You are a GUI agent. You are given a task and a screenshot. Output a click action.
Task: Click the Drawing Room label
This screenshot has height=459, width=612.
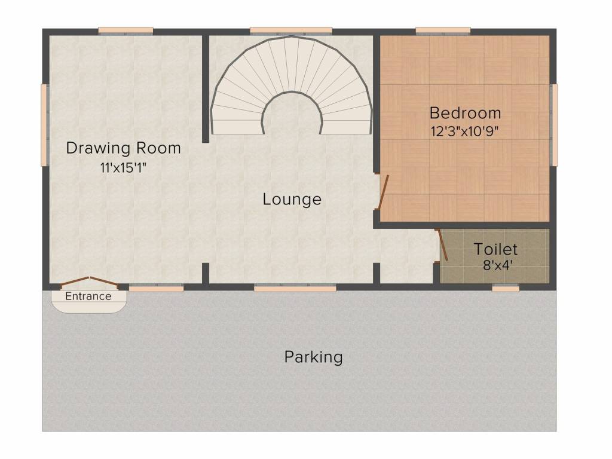123,148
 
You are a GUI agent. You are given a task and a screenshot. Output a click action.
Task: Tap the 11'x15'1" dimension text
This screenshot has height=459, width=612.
124,168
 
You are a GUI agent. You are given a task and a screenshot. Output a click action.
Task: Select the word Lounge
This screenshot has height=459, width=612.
292,199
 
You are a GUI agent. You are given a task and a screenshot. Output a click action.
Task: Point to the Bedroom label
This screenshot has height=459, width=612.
465,112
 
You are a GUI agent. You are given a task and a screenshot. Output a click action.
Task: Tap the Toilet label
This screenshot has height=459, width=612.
495,249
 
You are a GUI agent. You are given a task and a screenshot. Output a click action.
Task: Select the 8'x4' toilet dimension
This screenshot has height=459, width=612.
495,265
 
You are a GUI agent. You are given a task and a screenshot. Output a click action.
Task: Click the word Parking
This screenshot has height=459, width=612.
313,357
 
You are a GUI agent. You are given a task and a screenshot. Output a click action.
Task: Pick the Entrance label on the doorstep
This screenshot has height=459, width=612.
88,296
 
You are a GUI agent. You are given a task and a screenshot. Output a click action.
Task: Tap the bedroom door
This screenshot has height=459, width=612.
383,192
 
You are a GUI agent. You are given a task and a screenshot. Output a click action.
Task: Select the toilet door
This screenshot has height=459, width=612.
443,245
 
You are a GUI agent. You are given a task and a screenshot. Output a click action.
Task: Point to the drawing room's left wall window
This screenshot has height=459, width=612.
44,124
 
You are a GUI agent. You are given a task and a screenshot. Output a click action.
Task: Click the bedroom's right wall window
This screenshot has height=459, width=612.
554,124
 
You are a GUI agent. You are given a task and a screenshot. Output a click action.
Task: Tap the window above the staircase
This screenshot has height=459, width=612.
290,30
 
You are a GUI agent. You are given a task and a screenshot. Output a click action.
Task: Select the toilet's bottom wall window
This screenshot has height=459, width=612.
506,288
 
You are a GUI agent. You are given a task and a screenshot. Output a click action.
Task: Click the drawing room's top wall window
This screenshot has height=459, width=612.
126,30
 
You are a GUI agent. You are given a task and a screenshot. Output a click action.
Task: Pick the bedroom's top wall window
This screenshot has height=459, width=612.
443,30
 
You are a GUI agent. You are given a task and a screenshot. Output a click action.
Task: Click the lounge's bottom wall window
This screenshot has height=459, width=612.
295,288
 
